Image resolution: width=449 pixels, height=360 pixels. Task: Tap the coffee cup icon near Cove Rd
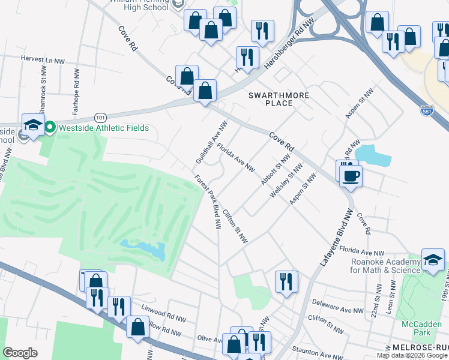coord(351,176)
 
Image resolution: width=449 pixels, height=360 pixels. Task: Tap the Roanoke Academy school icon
coord(433,260)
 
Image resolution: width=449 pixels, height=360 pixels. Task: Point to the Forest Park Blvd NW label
coord(207,202)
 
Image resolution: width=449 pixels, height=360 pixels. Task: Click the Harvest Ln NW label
coord(43,61)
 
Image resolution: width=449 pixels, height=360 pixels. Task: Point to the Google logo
coord(20,352)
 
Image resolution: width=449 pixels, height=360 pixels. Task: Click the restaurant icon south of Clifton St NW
coord(286,281)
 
